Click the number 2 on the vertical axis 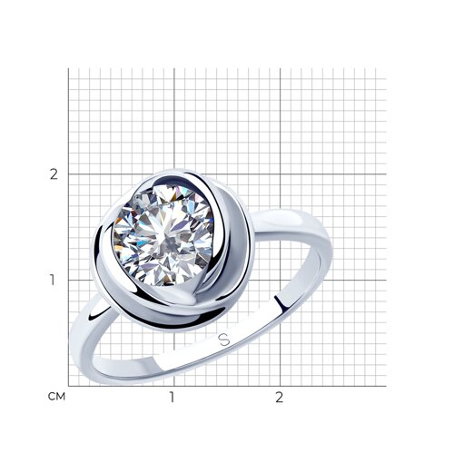(x=54, y=174)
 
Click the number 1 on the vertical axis (x=53, y=280)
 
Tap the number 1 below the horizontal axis (x=172, y=397)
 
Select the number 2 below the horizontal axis (x=279, y=397)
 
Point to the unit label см (x=56, y=397)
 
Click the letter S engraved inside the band (x=224, y=340)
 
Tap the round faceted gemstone (x=163, y=235)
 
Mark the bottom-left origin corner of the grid (x=68, y=386)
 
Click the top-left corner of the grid (x=68, y=68)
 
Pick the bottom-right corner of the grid (x=386, y=386)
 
